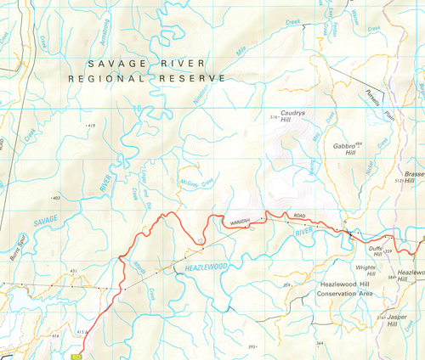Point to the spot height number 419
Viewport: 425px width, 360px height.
(x=89, y=125)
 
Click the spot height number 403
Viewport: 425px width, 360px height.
(x=56, y=198)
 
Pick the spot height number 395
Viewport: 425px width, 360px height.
(x=252, y=346)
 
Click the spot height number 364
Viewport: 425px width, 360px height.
(x=320, y=343)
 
